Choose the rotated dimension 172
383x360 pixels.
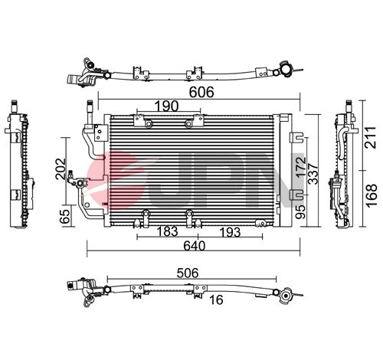(300, 165)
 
